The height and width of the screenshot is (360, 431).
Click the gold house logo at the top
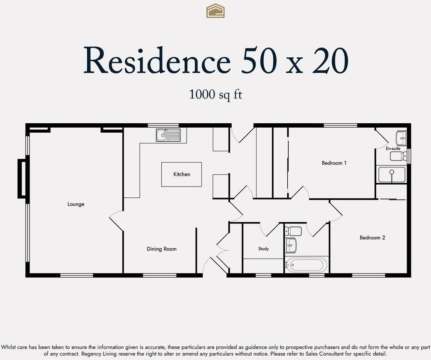215,11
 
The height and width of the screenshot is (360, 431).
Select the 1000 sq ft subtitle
215,94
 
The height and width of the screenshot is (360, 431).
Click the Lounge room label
76,204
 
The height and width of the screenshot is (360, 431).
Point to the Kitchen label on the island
181,174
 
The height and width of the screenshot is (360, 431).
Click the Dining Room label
161,249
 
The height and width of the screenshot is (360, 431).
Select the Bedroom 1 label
334,163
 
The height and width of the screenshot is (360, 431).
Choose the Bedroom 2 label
372,238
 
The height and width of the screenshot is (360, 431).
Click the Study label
263,249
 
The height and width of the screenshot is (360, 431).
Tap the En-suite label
393,149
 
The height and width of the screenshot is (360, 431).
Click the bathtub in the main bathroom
306,265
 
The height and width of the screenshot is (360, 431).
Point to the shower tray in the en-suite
391,175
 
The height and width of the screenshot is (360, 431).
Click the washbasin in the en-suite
401,138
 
